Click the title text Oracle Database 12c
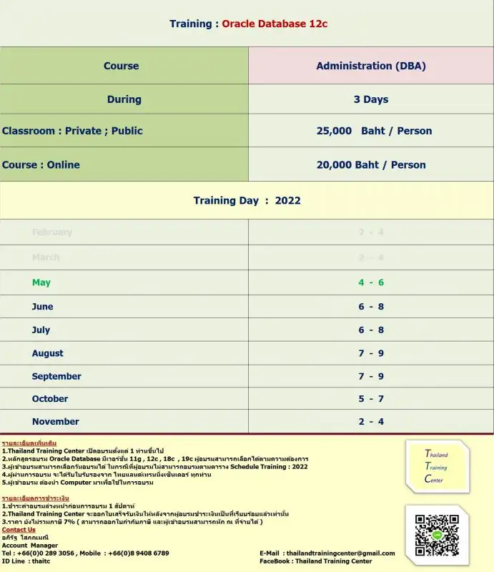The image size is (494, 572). point(275,24)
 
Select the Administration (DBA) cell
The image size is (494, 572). point(371,66)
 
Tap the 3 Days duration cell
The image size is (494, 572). point(371,99)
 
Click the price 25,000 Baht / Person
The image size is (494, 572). point(374,131)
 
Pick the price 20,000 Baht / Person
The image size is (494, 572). point(371,164)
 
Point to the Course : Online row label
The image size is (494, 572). point(41,164)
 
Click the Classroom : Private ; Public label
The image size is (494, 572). point(72,131)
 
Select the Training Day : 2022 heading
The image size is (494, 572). point(247,201)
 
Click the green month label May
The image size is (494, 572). point(41,282)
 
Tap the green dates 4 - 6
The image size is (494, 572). point(371,282)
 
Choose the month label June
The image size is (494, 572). point(42,307)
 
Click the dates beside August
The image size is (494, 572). point(371,353)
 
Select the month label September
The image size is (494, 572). point(56,376)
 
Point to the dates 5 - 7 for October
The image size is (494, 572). point(371,399)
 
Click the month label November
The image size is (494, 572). point(55,422)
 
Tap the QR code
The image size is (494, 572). point(436,535)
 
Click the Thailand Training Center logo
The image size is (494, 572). point(437,466)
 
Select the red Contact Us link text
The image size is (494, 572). point(19,530)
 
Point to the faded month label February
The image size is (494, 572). point(52,232)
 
